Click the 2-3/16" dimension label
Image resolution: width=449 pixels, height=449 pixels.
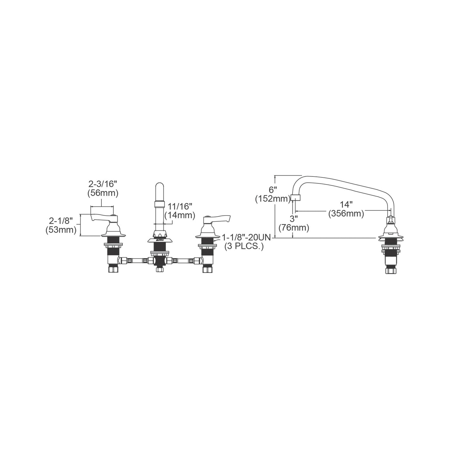tap(103, 184)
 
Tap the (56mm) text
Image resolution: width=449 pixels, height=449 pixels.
tap(103, 193)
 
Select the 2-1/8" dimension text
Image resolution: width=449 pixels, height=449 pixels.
tap(61, 221)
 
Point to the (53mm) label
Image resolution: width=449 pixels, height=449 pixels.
tap(61, 230)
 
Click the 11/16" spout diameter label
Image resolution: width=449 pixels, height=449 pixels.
tap(180, 206)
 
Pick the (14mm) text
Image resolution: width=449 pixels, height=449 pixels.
tap(180, 215)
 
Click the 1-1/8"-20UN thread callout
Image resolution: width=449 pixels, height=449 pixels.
tap(246, 237)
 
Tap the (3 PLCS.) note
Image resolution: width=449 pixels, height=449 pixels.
tap(244, 247)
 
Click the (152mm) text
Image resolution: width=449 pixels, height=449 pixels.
tap(273, 199)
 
